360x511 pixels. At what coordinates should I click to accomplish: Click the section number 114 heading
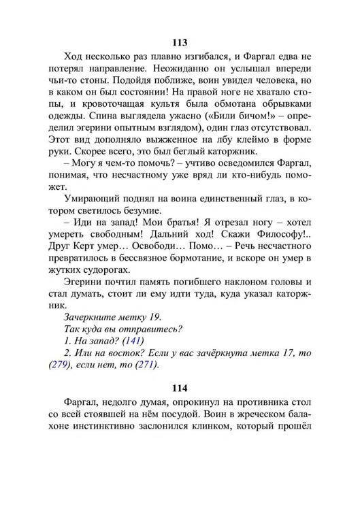pyautogui.click(x=180, y=389)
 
